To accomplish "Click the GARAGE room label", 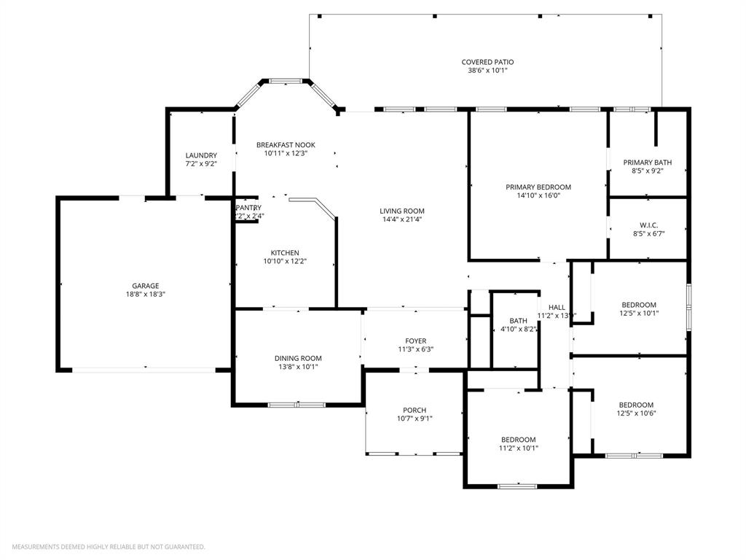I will tap(145, 286).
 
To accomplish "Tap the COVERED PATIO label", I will tap(487, 62).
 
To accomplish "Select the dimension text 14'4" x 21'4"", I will tap(402, 219).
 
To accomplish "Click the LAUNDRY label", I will tap(201, 155).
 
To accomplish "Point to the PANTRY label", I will tap(248, 208).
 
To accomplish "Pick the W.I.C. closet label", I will tap(648, 225).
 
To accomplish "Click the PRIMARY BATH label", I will tap(647, 163).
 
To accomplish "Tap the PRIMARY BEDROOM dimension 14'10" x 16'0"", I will tap(538, 195).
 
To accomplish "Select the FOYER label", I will tap(416, 341).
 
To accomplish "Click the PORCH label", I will tap(415, 410).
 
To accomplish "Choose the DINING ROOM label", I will tap(298, 358).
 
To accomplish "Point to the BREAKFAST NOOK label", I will tap(286, 145).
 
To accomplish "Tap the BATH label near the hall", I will tap(518, 321).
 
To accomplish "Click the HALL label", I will tap(557, 307).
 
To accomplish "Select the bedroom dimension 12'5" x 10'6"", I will tap(636, 413).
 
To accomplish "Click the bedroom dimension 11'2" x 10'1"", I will tap(518, 448).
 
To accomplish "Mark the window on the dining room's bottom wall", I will tap(297, 405).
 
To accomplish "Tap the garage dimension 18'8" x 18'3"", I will tap(145, 294).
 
